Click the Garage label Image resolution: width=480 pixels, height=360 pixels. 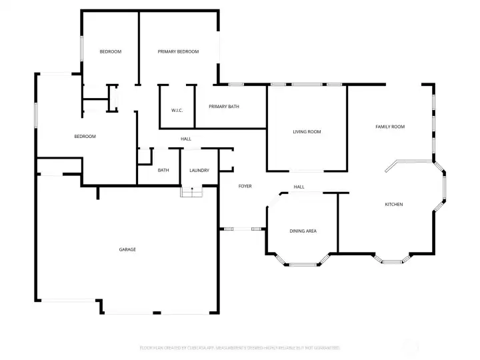127,249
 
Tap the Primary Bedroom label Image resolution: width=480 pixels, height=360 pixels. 178,51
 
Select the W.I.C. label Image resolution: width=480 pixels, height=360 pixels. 177,110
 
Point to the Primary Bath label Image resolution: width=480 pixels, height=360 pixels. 224,107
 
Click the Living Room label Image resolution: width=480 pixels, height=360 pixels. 307,132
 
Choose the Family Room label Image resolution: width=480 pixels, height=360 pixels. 390,127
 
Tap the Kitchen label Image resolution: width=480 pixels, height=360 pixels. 394,204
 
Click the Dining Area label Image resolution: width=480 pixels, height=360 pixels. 303,231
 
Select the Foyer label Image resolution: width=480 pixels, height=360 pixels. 245,186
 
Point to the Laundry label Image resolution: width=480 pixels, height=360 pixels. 199,171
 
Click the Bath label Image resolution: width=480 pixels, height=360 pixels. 163,171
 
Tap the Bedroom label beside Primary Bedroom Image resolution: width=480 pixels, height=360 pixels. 110,51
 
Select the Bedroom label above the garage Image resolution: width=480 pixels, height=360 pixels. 85,137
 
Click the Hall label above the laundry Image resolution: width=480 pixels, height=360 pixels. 186,139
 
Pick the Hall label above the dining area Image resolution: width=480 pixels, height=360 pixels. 299,187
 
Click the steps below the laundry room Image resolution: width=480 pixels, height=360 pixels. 191,192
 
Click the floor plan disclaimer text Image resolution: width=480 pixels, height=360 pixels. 239,347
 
